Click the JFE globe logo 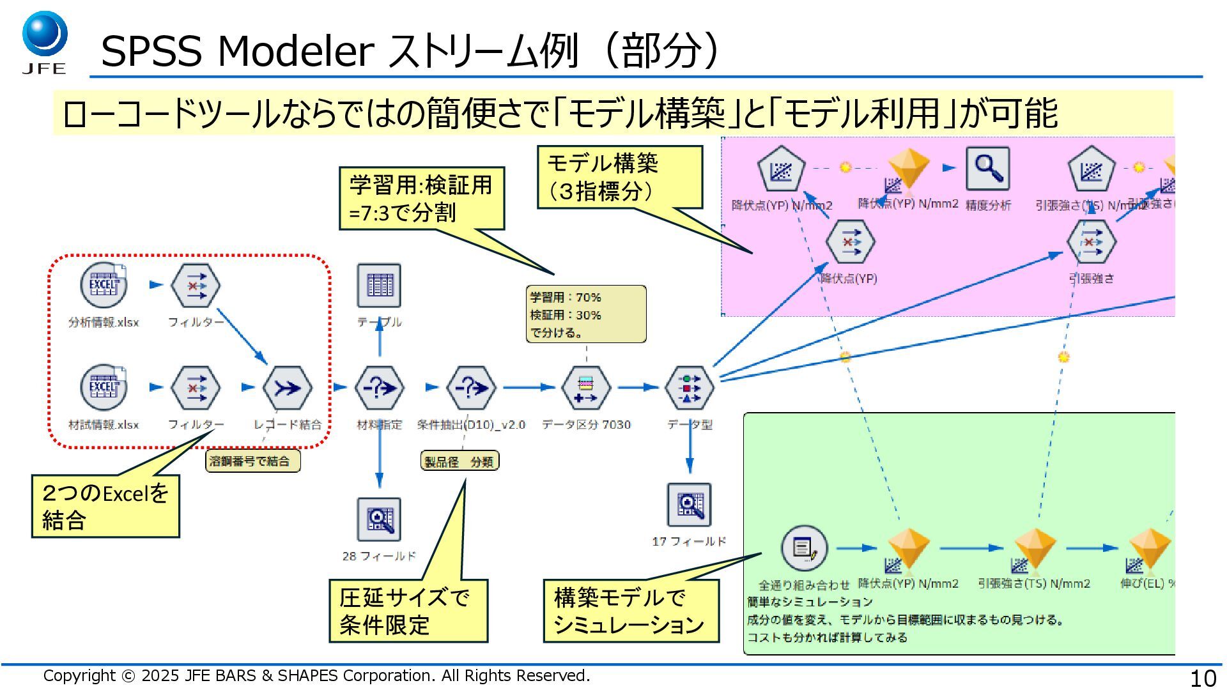(x=45, y=35)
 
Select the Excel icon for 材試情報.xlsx (x=104, y=387)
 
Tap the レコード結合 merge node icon (x=288, y=388)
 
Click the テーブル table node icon (x=379, y=285)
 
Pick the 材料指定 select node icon (x=379, y=388)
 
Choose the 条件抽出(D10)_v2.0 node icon (x=471, y=388)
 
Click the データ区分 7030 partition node (x=586, y=388)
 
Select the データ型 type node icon (x=690, y=388)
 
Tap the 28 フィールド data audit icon (x=379, y=519)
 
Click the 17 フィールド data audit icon (x=690, y=505)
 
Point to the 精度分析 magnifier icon (x=987, y=169)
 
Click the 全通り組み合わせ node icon (x=804, y=548)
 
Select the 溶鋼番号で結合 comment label (x=252, y=461)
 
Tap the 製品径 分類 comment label (x=459, y=461)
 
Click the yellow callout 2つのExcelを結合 (x=105, y=506)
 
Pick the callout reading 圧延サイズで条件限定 (x=408, y=611)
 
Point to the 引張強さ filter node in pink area (x=1092, y=242)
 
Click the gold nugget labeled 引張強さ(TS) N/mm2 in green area (x=1034, y=548)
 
